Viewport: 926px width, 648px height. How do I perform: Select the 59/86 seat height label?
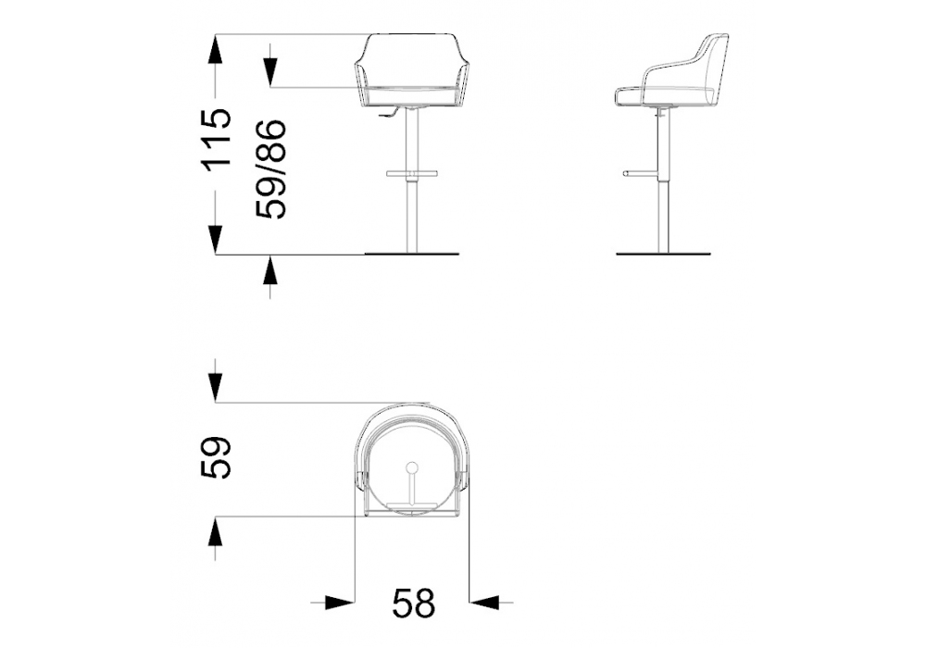point(270,169)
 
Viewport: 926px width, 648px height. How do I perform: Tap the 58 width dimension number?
point(414,602)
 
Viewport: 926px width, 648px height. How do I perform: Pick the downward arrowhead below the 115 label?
point(216,239)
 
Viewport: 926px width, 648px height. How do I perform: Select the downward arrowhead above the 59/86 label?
point(270,72)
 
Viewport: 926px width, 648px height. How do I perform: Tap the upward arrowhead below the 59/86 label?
point(270,270)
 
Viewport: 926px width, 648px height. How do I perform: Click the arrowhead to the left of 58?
point(340,602)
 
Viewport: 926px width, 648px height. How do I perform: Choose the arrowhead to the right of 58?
point(483,602)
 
